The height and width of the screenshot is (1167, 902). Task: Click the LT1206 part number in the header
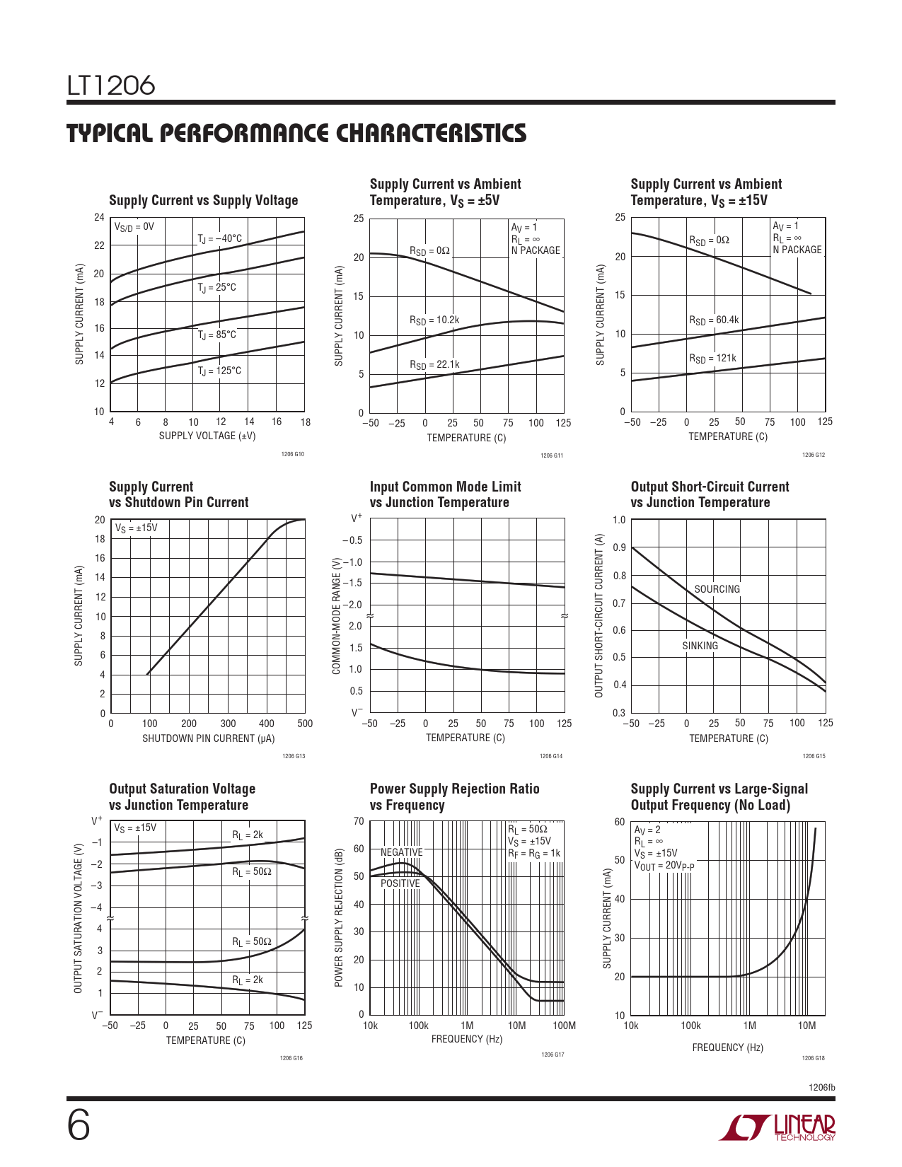111,86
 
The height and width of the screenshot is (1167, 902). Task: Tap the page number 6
79,1125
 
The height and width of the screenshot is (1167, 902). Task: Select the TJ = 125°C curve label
219,371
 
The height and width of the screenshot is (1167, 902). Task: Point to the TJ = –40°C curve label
219,239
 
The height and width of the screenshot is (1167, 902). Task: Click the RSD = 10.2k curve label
434,320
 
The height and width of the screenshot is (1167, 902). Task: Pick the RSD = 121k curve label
712,359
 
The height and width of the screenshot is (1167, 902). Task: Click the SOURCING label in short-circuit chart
717,589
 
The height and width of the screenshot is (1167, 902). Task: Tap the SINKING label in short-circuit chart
700,646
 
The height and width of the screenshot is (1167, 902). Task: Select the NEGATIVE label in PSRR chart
401,852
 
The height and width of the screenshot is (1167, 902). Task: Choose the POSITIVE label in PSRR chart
400,883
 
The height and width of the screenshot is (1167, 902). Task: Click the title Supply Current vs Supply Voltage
204,201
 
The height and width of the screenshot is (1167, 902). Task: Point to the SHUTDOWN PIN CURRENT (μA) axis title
208,738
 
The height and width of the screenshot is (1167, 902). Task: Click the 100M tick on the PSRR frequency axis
564,1026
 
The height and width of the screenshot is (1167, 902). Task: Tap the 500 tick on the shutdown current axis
305,724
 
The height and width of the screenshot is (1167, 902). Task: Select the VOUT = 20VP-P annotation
664,866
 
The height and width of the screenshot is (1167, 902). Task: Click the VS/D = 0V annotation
134,227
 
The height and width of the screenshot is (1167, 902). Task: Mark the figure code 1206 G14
551,757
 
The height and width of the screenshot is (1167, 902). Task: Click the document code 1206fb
821,1087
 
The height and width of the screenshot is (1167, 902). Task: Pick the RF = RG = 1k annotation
534,854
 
